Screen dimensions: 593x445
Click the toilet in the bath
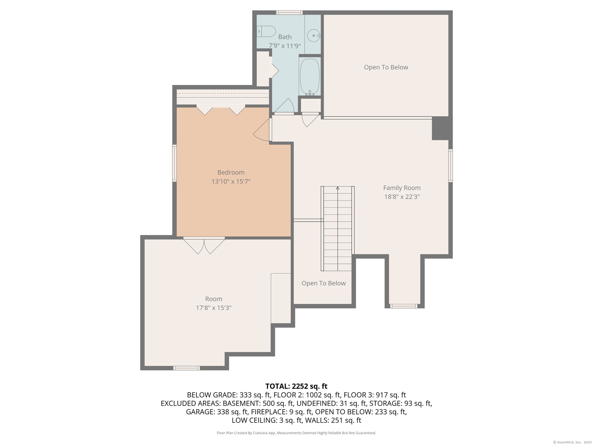click(x=267, y=31)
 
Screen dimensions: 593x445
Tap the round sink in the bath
click(x=314, y=36)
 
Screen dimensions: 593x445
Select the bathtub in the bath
click(x=310, y=77)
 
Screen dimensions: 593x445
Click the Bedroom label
click(x=231, y=172)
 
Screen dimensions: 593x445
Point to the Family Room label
click(x=402, y=188)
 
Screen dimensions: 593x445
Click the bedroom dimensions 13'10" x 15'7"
click(x=231, y=181)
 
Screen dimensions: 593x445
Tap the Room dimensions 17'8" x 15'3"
click(x=214, y=308)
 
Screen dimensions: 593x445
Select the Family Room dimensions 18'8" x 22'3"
click(x=402, y=197)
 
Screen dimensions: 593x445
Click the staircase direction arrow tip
click(x=338, y=187)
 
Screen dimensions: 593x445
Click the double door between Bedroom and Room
click(x=204, y=246)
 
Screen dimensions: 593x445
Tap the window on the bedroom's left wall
click(x=175, y=163)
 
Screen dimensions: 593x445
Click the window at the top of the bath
click(x=289, y=13)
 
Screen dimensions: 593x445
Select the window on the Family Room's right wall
click(x=451, y=165)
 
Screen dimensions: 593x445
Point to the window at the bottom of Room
click(x=186, y=368)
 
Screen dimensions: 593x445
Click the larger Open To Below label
click(x=386, y=67)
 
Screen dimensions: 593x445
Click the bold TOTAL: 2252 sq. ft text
click(x=296, y=386)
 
